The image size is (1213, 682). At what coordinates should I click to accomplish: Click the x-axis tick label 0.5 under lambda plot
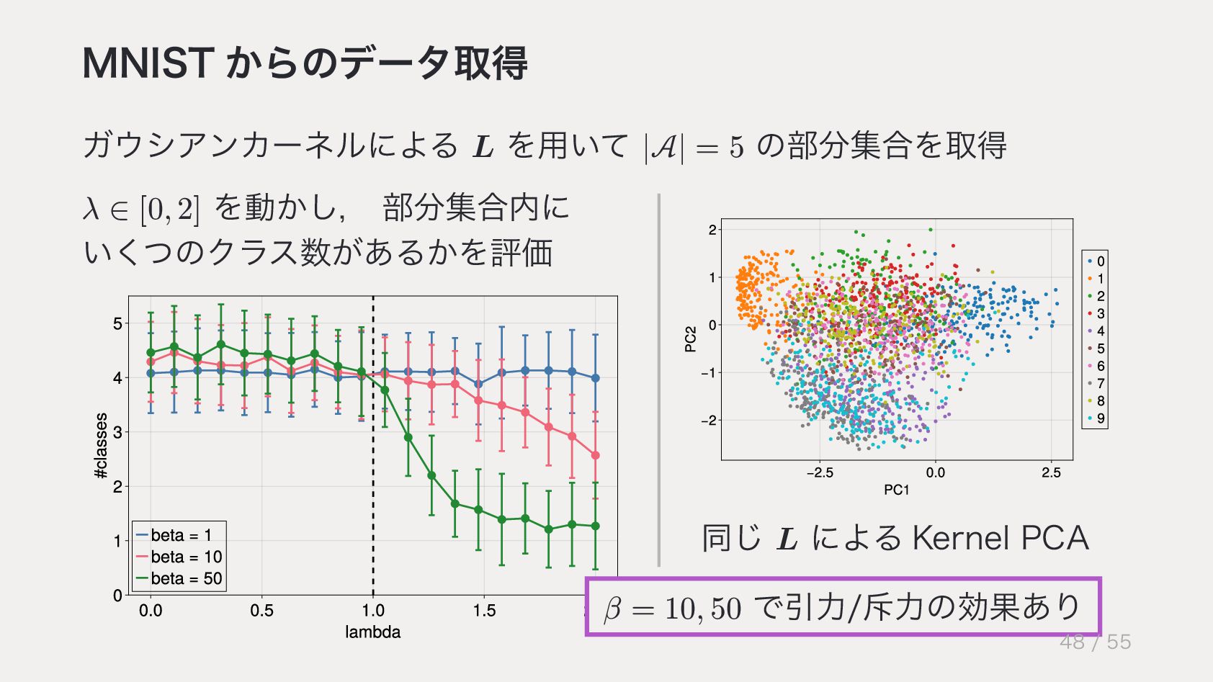click(x=261, y=611)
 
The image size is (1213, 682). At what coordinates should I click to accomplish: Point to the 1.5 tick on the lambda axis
click(x=484, y=611)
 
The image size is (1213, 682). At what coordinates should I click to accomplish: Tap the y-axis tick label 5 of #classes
click(x=117, y=323)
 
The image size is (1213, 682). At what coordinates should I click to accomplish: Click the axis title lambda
click(x=372, y=632)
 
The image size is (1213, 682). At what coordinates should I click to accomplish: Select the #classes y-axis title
click(x=102, y=446)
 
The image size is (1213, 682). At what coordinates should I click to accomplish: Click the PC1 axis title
click(x=897, y=490)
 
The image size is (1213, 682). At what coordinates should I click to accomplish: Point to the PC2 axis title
click(x=691, y=339)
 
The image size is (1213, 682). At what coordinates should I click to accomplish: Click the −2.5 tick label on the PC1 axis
click(x=820, y=473)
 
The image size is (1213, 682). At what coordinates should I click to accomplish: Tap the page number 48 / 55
click(x=1095, y=642)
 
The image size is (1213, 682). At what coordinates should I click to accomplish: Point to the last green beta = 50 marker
click(x=595, y=526)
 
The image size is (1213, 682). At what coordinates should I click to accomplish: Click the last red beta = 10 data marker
click(x=595, y=455)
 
